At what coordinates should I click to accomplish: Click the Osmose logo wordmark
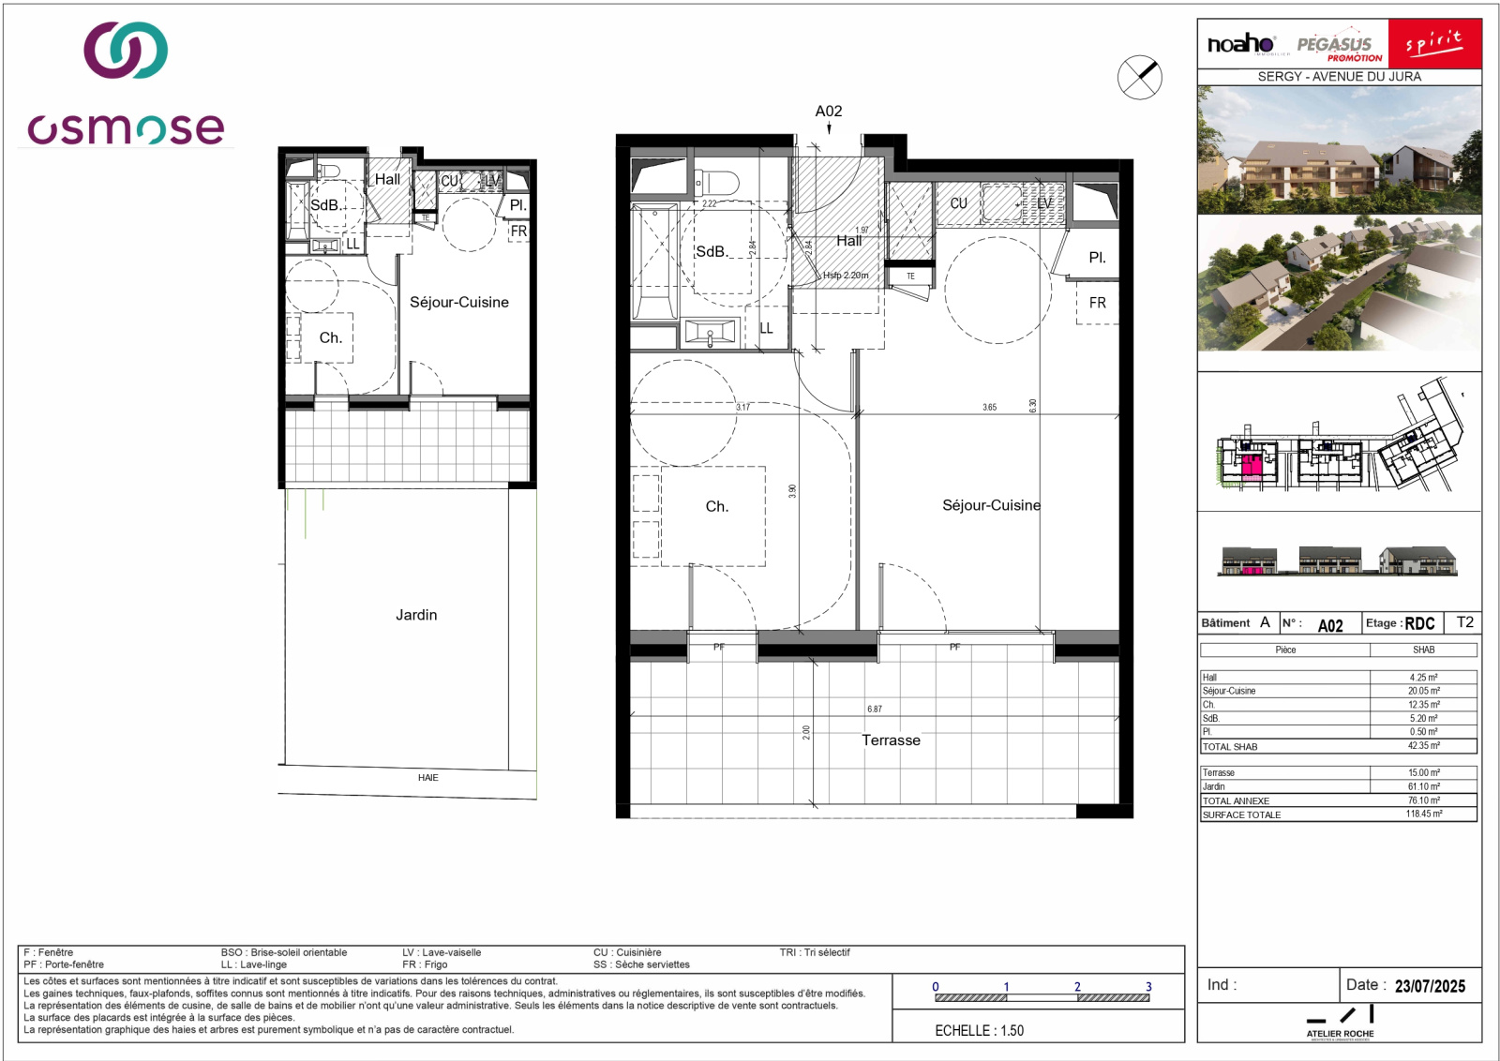pyautogui.click(x=126, y=128)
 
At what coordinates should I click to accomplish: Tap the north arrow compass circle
pyautogui.click(x=1139, y=77)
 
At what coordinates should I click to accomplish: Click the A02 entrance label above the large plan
pyautogui.click(x=828, y=112)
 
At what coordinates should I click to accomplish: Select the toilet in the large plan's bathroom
pyautogui.click(x=717, y=182)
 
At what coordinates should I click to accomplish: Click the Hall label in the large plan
pyautogui.click(x=848, y=241)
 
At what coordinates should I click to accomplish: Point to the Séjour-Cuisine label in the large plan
pyautogui.click(x=991, y=505)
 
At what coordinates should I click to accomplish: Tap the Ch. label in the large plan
pyautogui.click(x=716, y=506)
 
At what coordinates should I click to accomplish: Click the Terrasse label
pyautogui.click(x=891, y=740)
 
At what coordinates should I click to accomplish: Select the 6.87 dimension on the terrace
pyautogui.click(x=874, y=710)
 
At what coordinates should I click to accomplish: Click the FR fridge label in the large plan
pyautogui.click(x=1097, y=303)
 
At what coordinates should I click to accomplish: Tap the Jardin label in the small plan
pyautogui.click(x=416, y=615)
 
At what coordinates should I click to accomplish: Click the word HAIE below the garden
pyautogui.click(x=427, y=778)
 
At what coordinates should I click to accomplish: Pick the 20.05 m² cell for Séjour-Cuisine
pyautogui.click(x=1422, y=691)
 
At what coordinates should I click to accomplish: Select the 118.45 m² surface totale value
pyautogui.click(x=1423, y=814)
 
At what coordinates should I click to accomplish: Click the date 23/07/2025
pyautogui.click(x=1429, y=986)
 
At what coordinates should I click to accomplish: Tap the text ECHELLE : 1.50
pyautogui.click(x=979, y=1030)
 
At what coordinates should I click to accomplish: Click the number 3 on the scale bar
pyautogui.click(x=1148, y=987)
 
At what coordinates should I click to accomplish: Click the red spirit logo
pyautogui.click(x=1434, y=43)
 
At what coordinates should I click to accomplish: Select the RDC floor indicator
pyautogui.click(x=1419, y=623)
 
